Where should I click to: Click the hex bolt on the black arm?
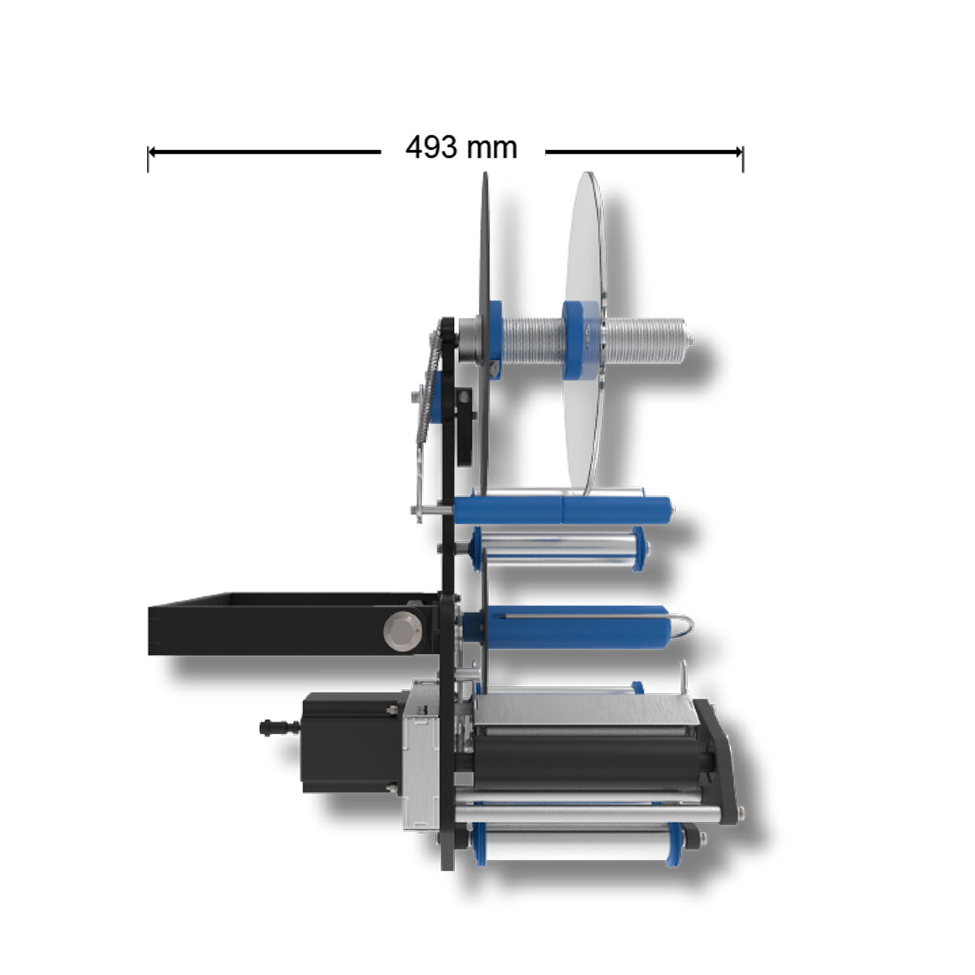click(403, 629)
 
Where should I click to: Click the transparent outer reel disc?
click(588, 334)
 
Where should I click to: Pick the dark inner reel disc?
click(483, 334)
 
